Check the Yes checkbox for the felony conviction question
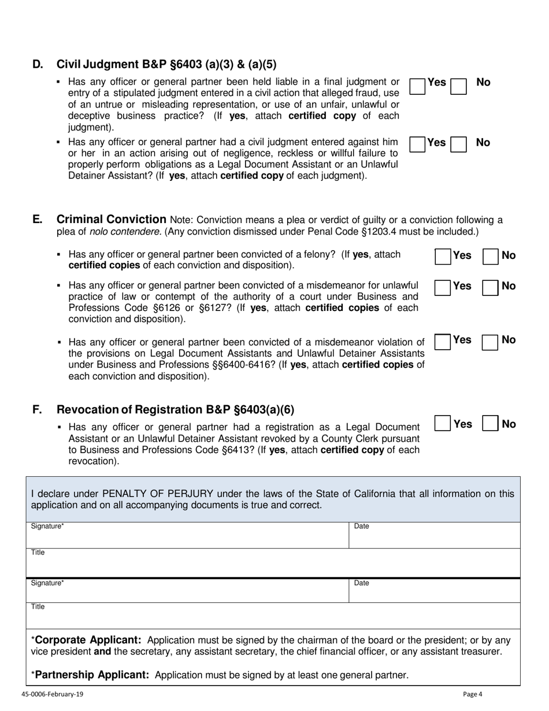443,257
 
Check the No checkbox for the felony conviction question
490,257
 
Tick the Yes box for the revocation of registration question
442,424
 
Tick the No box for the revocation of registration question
490,424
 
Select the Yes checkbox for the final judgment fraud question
417,86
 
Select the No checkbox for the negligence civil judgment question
458,144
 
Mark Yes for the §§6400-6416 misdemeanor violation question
443,342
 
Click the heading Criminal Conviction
112,219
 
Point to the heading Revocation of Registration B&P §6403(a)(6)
175,410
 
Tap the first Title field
272,562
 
